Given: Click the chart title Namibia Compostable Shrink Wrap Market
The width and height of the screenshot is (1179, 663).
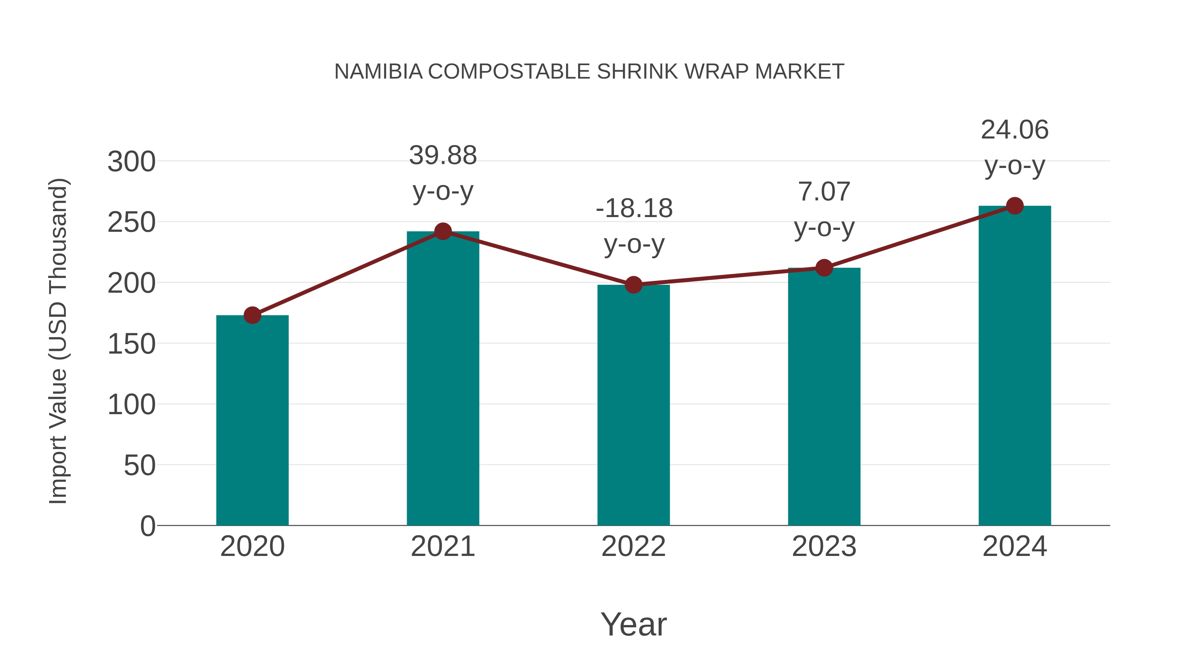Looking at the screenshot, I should pos(589,72).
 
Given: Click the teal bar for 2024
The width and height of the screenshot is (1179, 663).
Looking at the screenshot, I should pos(1015,366).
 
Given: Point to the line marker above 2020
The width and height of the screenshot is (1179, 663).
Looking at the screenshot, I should pos(252,315).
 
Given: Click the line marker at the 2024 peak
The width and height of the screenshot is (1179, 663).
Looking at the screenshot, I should pos(1015,206).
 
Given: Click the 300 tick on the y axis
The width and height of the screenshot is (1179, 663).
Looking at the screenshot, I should pos(131,162).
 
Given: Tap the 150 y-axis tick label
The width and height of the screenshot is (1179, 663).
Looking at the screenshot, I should pos(131,344).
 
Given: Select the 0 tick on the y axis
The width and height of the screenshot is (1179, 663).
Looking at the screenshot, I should pos(147,526).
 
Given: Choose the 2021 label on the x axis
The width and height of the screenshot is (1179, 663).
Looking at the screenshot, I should pos(442,546).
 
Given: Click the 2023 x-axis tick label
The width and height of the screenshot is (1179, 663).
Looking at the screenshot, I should pos(824,546).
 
